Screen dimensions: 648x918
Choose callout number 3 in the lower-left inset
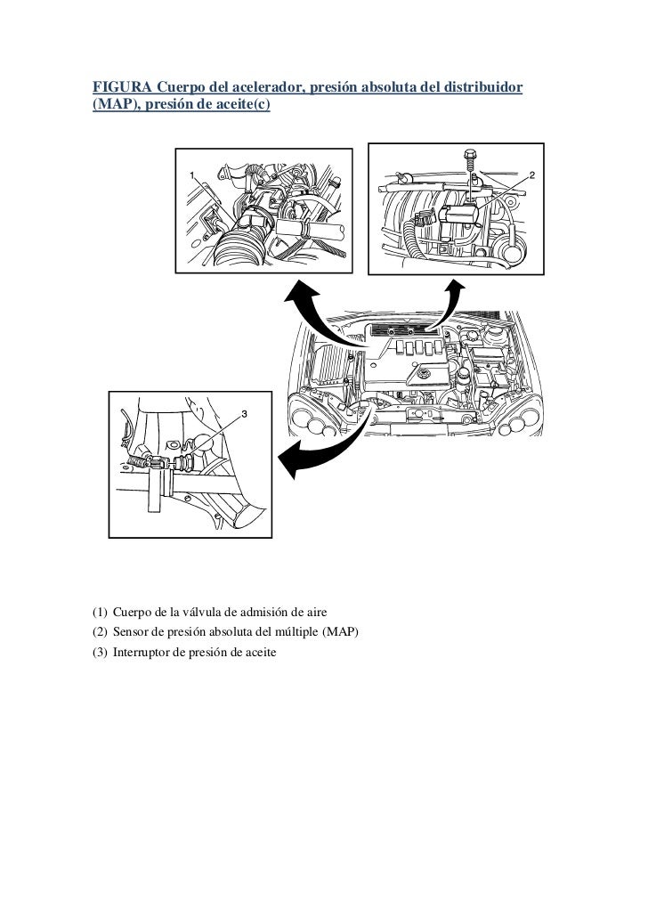[x=245, y=415]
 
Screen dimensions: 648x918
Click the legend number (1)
[x=100, y=612]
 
